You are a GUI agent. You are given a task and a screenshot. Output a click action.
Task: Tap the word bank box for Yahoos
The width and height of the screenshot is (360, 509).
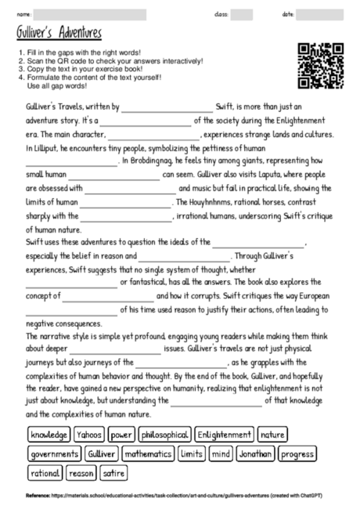[x=90, y=434]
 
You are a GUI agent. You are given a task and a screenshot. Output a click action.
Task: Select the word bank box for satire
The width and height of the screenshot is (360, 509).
[x=114, y=473]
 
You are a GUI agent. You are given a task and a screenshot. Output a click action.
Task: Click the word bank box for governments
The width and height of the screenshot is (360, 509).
[x=54, y=453]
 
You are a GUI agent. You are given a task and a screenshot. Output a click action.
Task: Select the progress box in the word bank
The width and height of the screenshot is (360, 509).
[x=297, y=453]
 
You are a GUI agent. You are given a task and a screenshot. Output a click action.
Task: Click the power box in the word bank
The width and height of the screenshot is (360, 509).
[x=122, y=434]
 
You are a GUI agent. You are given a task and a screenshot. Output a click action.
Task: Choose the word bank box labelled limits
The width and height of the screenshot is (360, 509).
[x=192, y=453]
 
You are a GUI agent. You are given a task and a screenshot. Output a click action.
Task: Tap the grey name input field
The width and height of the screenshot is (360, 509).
[x=90, y=14]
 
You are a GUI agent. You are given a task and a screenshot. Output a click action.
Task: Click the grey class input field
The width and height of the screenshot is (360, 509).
[x=242, y=14]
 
